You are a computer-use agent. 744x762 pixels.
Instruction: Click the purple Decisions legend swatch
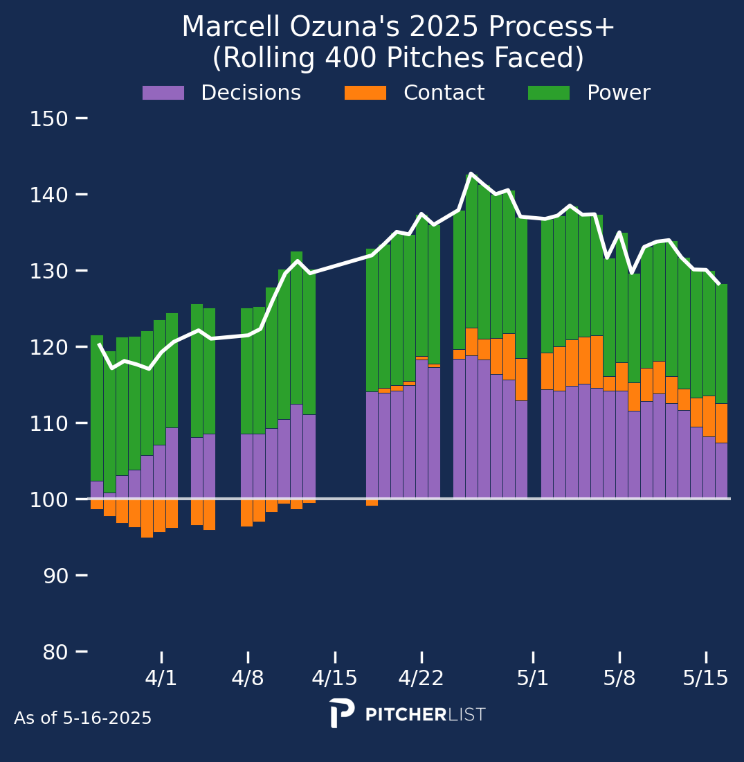pos(163,93)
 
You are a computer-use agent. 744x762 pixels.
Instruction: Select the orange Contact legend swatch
pos(365,93)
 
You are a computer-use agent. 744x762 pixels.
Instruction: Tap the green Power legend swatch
pos(549,93)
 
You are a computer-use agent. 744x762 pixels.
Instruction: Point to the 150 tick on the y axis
pos(82,118)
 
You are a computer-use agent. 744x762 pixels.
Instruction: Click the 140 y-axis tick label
pos(49,195)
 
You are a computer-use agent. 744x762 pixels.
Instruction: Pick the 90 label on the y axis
pos(56,576)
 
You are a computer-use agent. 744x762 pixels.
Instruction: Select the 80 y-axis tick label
pos(55,652)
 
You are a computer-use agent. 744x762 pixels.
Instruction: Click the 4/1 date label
pos(161,678)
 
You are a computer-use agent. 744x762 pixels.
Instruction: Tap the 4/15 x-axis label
pos(334,678)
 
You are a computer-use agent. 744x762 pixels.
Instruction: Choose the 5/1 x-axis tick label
pos(533,678)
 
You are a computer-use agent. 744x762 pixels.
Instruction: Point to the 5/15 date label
pos(706,678)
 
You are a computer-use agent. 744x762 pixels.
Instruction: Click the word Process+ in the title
pos(552,26)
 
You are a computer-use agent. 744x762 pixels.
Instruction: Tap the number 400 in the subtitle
pos(350,57)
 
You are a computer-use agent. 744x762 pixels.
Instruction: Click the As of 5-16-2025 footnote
pos(82,718)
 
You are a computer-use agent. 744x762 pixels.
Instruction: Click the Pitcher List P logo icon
pos(341,713)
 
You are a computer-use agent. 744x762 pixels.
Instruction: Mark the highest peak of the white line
pos(470,173)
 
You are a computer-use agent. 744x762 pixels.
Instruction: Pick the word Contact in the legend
pos(444,92)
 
